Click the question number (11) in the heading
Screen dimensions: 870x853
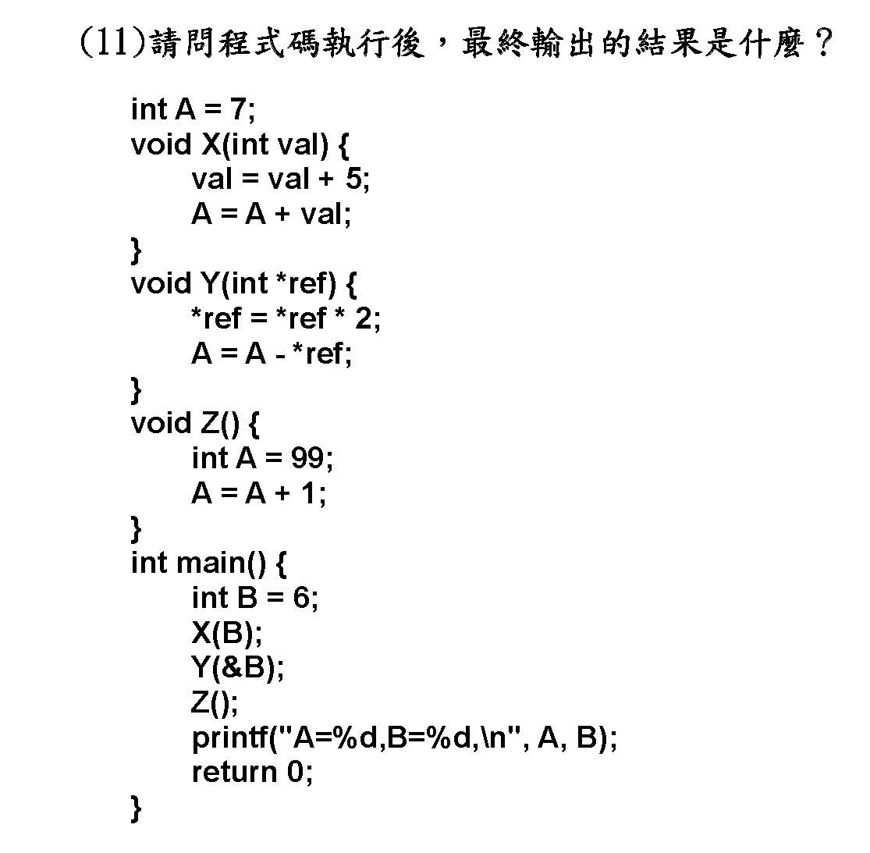tap(112, 43)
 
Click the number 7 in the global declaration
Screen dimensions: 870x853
tap(238, 108)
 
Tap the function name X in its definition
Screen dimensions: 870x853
tap(211, 144)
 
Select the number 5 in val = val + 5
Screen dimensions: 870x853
tap(354, 179)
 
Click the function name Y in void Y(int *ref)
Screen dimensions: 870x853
tap(211, 283)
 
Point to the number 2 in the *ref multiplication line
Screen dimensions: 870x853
tap(364, 318)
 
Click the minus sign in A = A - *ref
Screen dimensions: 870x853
tap(280, 356)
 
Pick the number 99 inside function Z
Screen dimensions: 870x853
tap(308, 458)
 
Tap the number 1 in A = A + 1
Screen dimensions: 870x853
tap(308, 492)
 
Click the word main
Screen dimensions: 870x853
tap(211, 563)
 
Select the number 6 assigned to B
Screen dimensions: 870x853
tap(300, 598)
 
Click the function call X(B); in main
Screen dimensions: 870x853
tap(226, 633)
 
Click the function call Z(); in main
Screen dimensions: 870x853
tap(214, 703)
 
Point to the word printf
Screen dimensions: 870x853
tap(230, 739)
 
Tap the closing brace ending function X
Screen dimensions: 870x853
tap(136, 251)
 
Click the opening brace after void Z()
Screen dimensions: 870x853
tap(253, 425)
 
